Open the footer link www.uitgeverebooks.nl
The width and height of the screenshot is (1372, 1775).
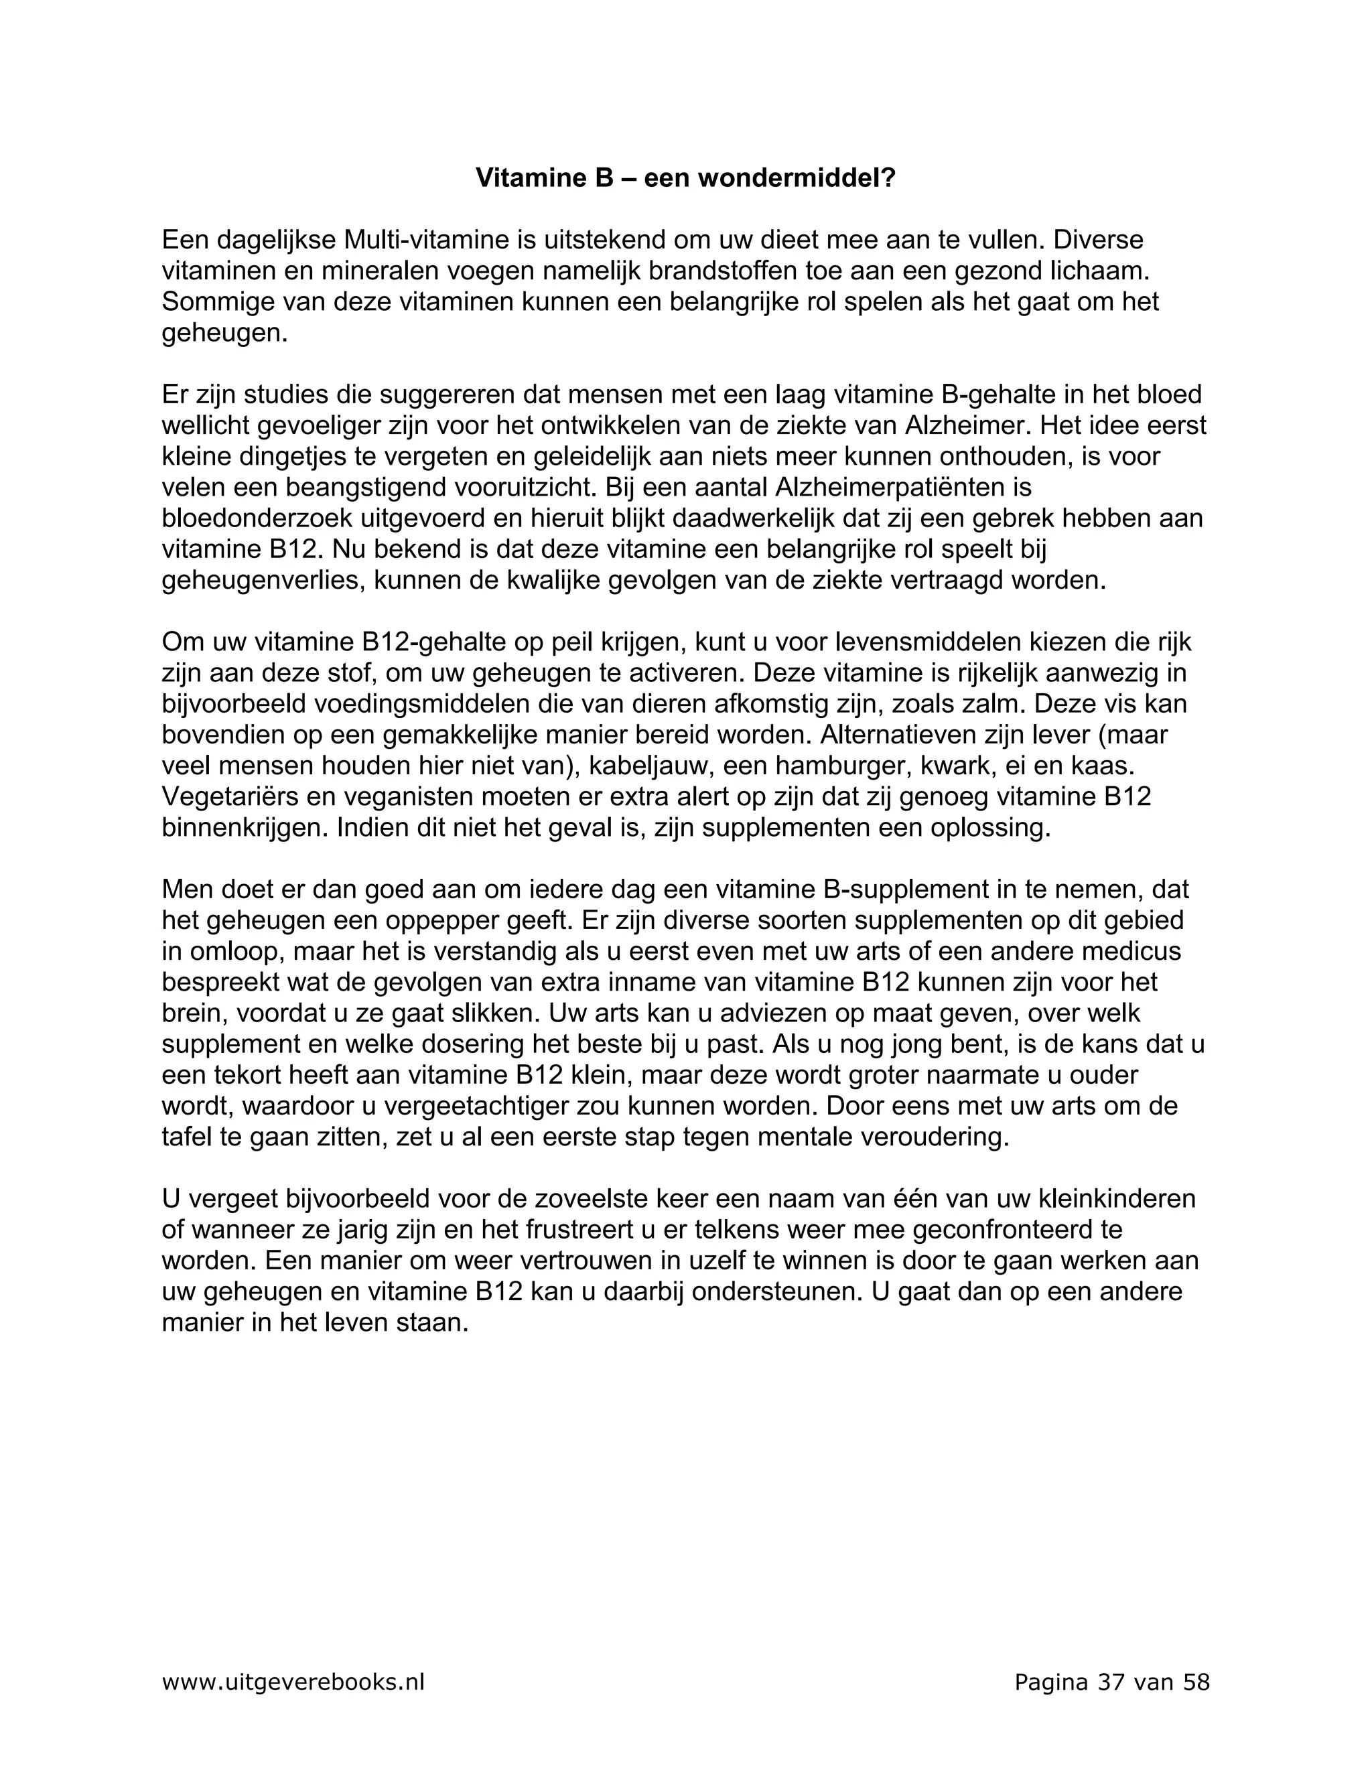pyautogui.click(x=293, y=1681)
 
